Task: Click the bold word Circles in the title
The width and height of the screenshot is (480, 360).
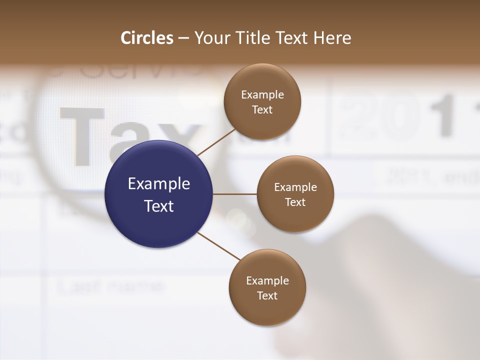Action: click(147, 38)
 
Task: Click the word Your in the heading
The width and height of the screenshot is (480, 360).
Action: click(211, 38)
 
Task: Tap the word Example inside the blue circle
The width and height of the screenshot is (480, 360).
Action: click(159, 184)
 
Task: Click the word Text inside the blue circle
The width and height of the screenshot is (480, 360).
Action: click(159, 206)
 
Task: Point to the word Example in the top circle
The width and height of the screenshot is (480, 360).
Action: click(262, 94)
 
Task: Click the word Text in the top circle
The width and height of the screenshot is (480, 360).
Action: click(262, 109)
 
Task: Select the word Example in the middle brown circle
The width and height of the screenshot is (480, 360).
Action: click(295, 187)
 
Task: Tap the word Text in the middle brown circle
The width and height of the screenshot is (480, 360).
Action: click(295, 202)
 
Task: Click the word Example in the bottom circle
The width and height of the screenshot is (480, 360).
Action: click(267, 280)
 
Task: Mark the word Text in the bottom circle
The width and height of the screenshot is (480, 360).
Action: click(267, 295)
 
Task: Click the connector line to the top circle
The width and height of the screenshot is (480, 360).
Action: click(217, 142)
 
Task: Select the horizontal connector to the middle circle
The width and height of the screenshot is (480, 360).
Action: click(235, 194)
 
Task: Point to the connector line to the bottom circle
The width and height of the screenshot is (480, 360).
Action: click(219, 246)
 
